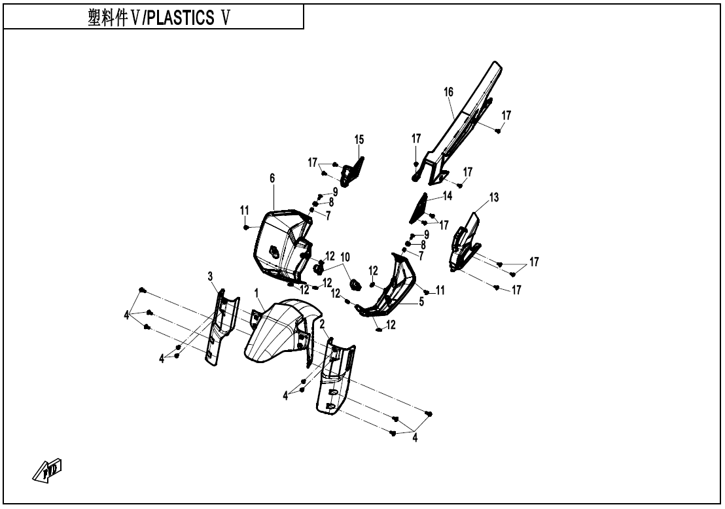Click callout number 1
257,292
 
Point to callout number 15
359,139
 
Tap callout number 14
448,195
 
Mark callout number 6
272,178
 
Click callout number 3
211,277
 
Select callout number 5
421,302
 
